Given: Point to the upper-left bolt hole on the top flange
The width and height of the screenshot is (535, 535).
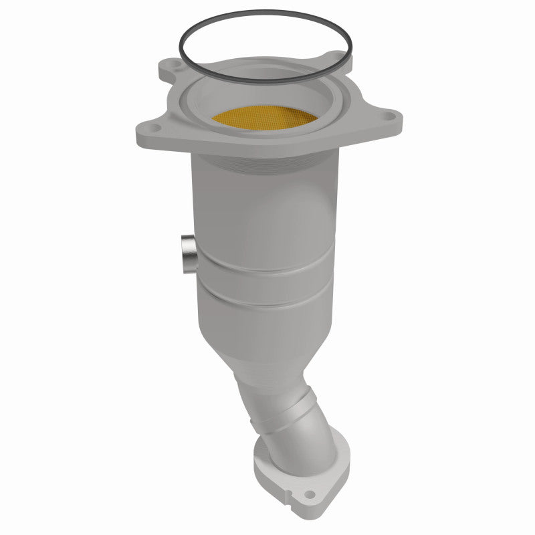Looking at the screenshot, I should click(173, 66).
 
